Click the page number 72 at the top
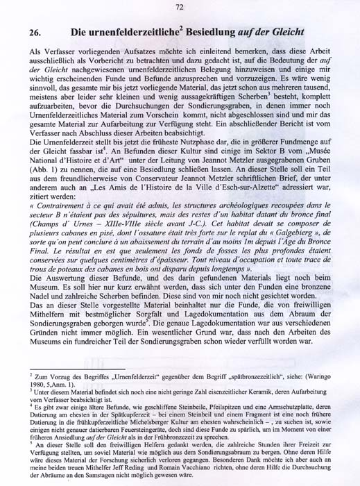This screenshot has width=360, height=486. click(179, 8)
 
